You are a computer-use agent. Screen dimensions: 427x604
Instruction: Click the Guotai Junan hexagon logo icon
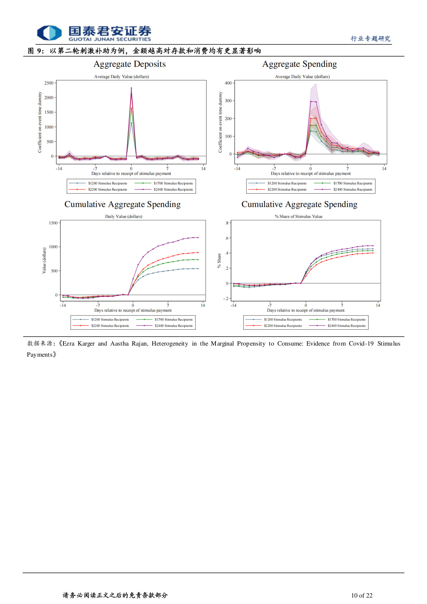tap(49, 33)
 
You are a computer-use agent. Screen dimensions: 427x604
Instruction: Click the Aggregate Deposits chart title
tap(129, 64)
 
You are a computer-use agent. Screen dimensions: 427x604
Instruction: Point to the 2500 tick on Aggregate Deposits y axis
tap(49, 83)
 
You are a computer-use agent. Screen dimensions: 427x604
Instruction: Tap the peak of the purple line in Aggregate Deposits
tap(131, 88)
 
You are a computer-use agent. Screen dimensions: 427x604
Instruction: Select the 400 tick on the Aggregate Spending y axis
tap(228, 83)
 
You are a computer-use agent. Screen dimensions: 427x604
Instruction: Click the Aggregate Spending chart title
tap(299, 64)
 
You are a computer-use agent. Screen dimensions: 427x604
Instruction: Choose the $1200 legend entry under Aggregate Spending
tap(277, 184)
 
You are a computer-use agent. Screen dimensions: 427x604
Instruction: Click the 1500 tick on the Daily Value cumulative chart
tap(53, 223)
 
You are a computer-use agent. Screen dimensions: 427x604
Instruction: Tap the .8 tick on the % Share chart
tap(227, 223)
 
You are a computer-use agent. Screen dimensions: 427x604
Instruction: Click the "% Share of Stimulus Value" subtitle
tap(299, 217)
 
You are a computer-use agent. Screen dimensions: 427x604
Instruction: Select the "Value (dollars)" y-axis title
tap(44, 261)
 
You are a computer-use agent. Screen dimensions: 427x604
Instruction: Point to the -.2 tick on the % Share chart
tap(226, 299)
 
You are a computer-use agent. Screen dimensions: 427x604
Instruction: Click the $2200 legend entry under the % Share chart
tap(274, 326)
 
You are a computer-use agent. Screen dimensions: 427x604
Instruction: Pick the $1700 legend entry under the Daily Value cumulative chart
tap(165, 319)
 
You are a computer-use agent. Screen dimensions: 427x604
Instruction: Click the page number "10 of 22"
tap(362, 595)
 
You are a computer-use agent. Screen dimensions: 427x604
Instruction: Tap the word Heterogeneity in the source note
tap(170, 344)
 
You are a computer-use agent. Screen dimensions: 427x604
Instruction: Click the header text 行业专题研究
tap(370, 39)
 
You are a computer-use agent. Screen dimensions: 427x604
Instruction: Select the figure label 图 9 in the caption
tap(35, 51)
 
